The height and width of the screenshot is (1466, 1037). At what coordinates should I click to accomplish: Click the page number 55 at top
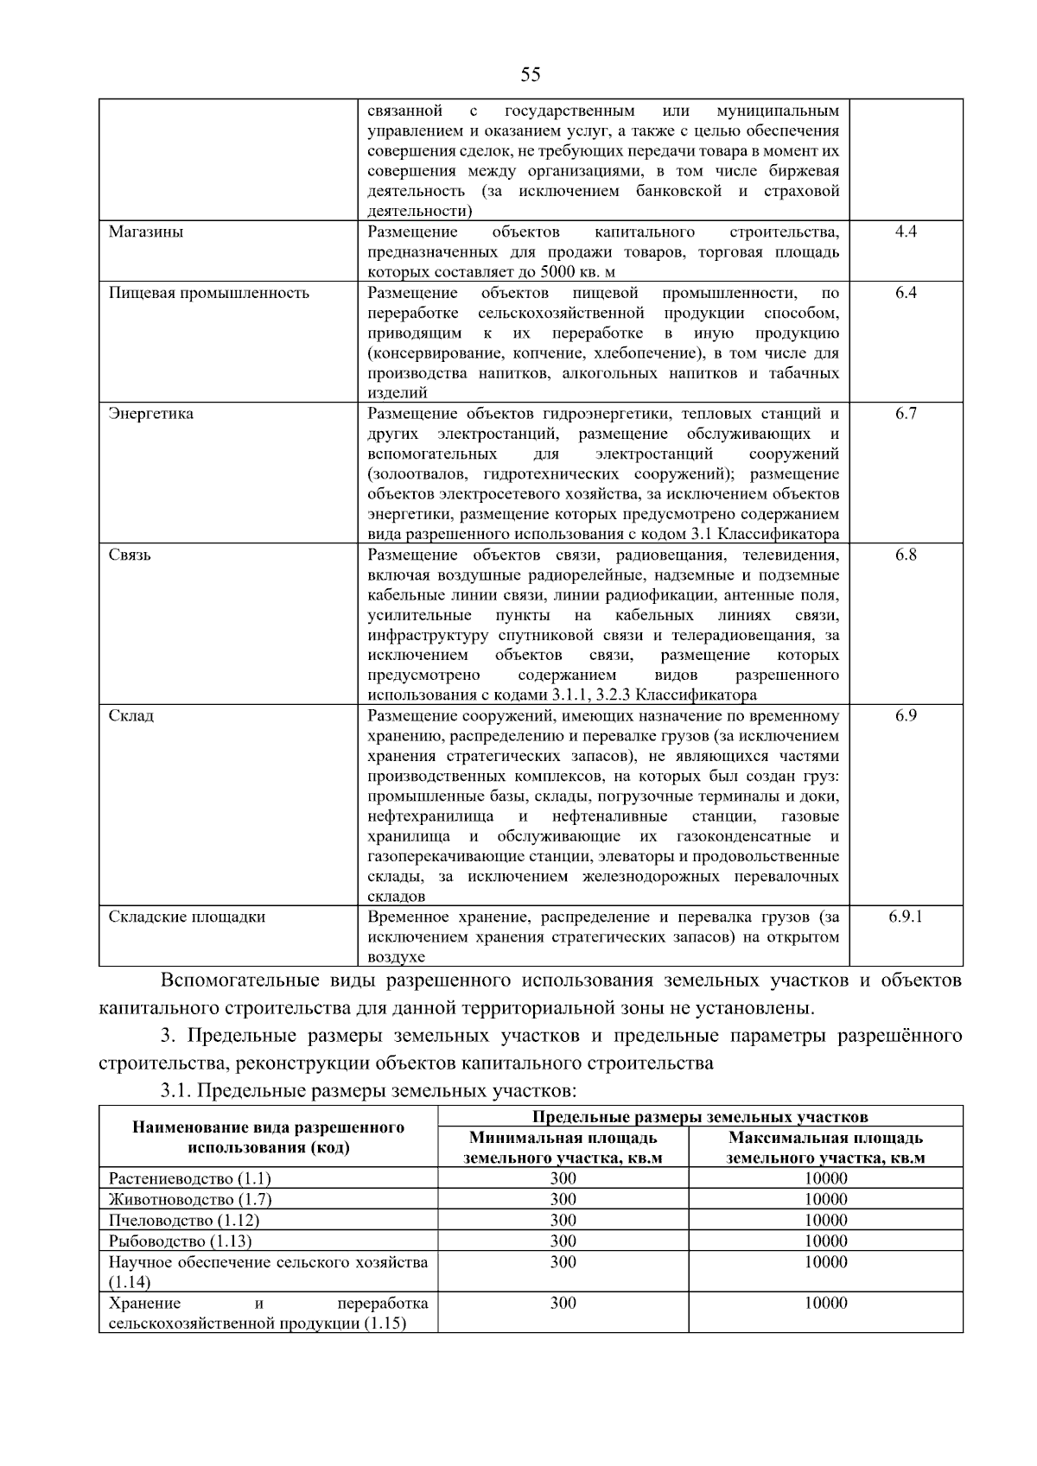click(531, 74)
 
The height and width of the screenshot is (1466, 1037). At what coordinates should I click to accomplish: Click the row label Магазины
click(146, 232)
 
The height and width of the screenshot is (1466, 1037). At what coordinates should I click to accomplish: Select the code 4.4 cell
click(906, 232)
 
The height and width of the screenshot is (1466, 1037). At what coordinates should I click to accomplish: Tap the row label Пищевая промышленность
click(208, 293)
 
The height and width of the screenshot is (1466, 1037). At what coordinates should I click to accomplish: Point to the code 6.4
click(906, 293)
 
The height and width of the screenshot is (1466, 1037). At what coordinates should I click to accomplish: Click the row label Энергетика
click(151, 414)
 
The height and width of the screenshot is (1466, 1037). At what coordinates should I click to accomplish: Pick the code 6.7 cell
click(906, 414)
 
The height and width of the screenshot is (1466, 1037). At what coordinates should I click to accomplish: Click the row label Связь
click(130, 555)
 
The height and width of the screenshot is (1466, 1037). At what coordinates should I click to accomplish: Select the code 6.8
click(906, 555)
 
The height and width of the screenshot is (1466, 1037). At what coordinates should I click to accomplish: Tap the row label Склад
click(131, 716)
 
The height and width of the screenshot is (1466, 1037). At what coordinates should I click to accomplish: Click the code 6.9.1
click(906, 917)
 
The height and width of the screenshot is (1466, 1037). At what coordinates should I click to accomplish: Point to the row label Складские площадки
click(187, 917)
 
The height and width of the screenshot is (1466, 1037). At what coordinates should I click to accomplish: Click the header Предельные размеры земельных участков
click(700, 1117)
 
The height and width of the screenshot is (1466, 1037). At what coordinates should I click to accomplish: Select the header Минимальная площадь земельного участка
click(563, 1148)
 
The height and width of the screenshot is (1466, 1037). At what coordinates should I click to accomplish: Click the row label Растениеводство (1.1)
click(190, 1178)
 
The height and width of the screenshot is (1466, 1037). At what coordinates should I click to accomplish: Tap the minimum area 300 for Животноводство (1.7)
click(563, 1199)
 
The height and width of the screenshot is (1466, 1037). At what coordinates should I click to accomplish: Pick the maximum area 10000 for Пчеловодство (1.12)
click(825, 1220)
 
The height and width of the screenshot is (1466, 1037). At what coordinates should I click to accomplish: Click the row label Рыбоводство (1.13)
click(181, 1241)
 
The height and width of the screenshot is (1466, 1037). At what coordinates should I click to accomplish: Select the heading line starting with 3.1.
click(367, 1090)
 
